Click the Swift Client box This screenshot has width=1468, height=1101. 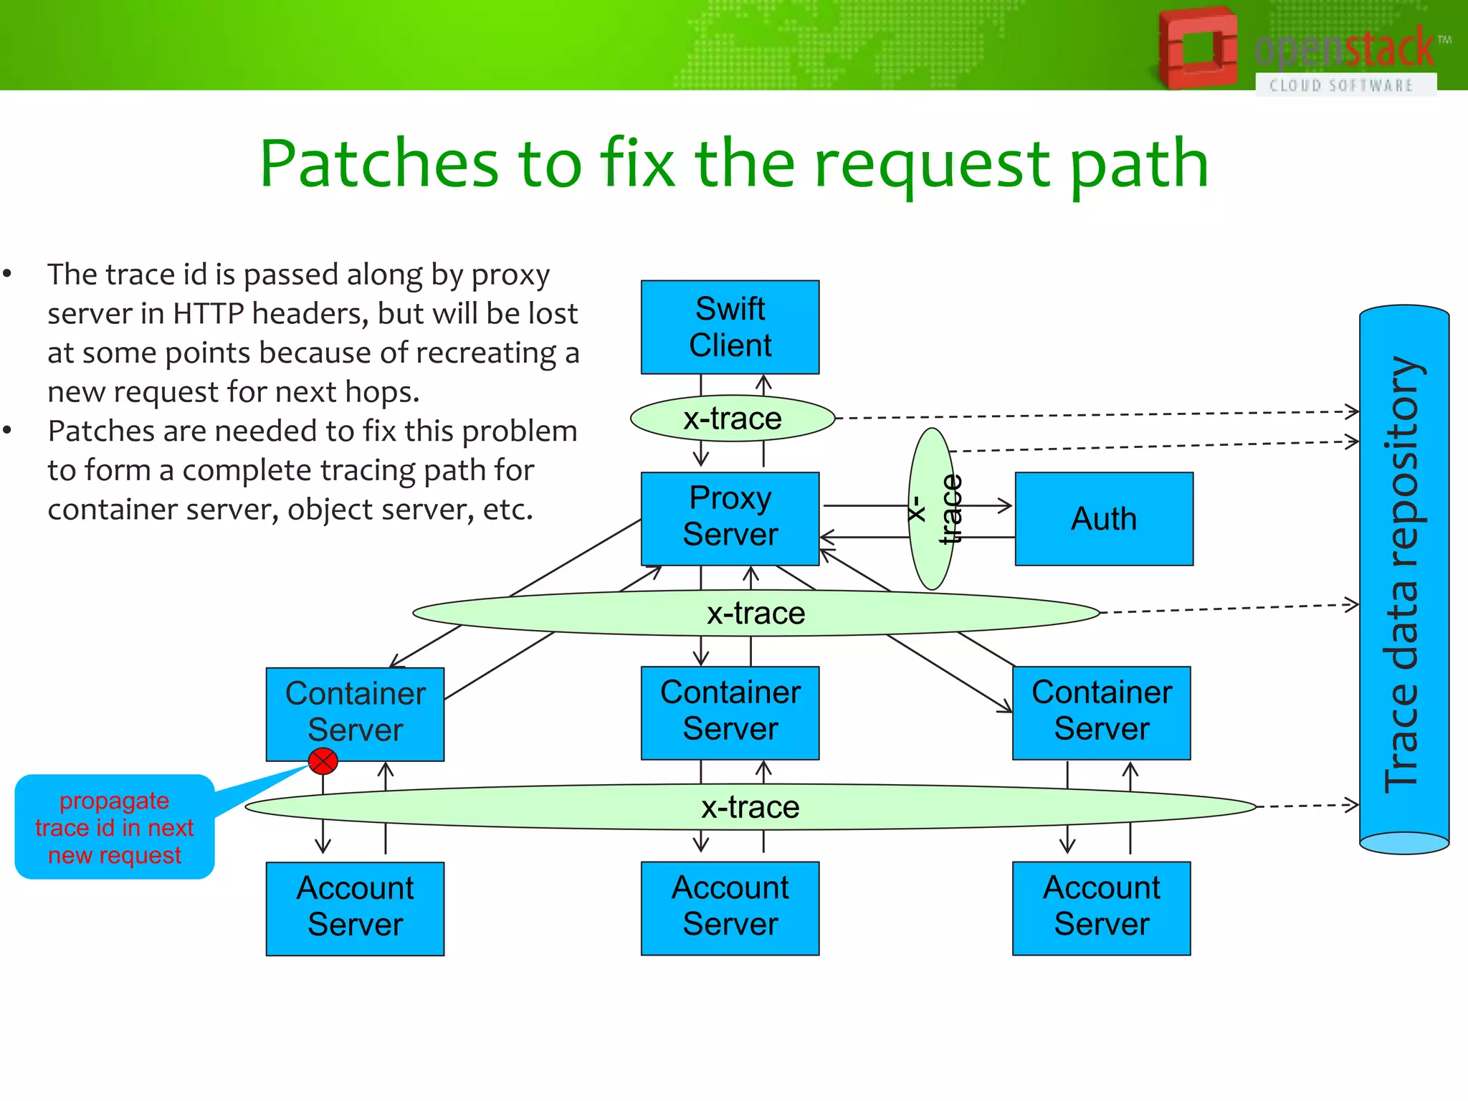pyautogui.click(x=730, y=327)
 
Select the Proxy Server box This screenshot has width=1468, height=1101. pyautogui.click(x=730, y=518)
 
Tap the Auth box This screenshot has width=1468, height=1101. pyautogui.click(x=1104, y=518)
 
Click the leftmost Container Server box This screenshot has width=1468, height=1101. pyautogui.click(x=355, y=714)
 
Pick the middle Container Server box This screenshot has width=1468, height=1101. pyautogui.click(x=730, y=712)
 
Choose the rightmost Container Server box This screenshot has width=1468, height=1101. pyautogui.click(x=1101, y=712)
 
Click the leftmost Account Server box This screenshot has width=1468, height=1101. pyautogui.click(x=355, y=907)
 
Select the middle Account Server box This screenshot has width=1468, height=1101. pyautogui.click(x=730, y=907)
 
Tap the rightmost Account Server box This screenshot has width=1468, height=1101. pyautogui.click(x=1101, y=907)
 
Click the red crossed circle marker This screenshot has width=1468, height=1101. pyautogui.click(x=323, y=761)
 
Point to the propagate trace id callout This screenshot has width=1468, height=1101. pyautogui.click(x=115, y=827)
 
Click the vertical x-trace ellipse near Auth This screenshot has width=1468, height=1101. pyautogui.click(x=931, y=509)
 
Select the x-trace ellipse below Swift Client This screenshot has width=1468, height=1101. pyautogui.click(x=733, y=419)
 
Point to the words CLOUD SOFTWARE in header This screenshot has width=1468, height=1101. pyautogui.click(x=1340, y=85)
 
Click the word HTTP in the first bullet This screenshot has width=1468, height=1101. pyautogui.click(x=208, y=314)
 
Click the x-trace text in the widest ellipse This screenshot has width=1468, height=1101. pyautogui.click(x=750, y=807)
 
